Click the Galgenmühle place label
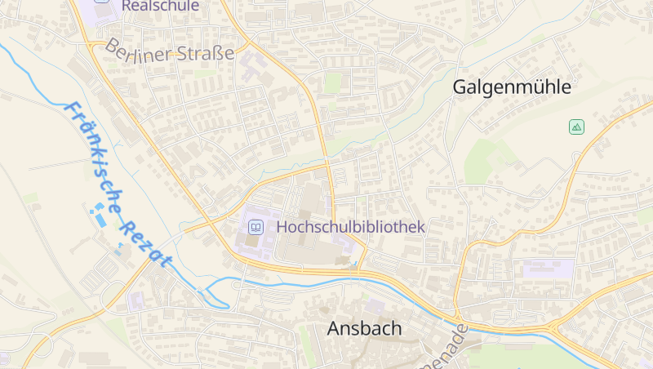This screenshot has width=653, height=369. pyautogui.click(x=511, y=87)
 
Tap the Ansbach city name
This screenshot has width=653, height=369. pyautogui.click(x=364, y=328)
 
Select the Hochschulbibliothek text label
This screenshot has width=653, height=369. pyautogui.click(x=351, y=227)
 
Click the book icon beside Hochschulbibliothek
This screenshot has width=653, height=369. pyautogui.click(x=255, y=227)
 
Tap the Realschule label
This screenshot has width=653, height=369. pyautogui.click(x=160, y=5)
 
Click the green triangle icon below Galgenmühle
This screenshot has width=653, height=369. pyautogui.click(x=576, y=127)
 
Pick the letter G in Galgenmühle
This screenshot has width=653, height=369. pyautogui.click(x=460, y=87)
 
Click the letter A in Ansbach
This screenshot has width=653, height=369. pyautogui.click(x=334, y=328)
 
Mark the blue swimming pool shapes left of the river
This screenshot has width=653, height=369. pyautogui.click(x=98, y=217)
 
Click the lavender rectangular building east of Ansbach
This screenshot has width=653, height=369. pyautogui.click(x=549, y=268)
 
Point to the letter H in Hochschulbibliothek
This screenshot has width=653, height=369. pyautogui.click(x=282, y=227)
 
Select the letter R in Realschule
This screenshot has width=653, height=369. pyautogui.click(x=127, y=5)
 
